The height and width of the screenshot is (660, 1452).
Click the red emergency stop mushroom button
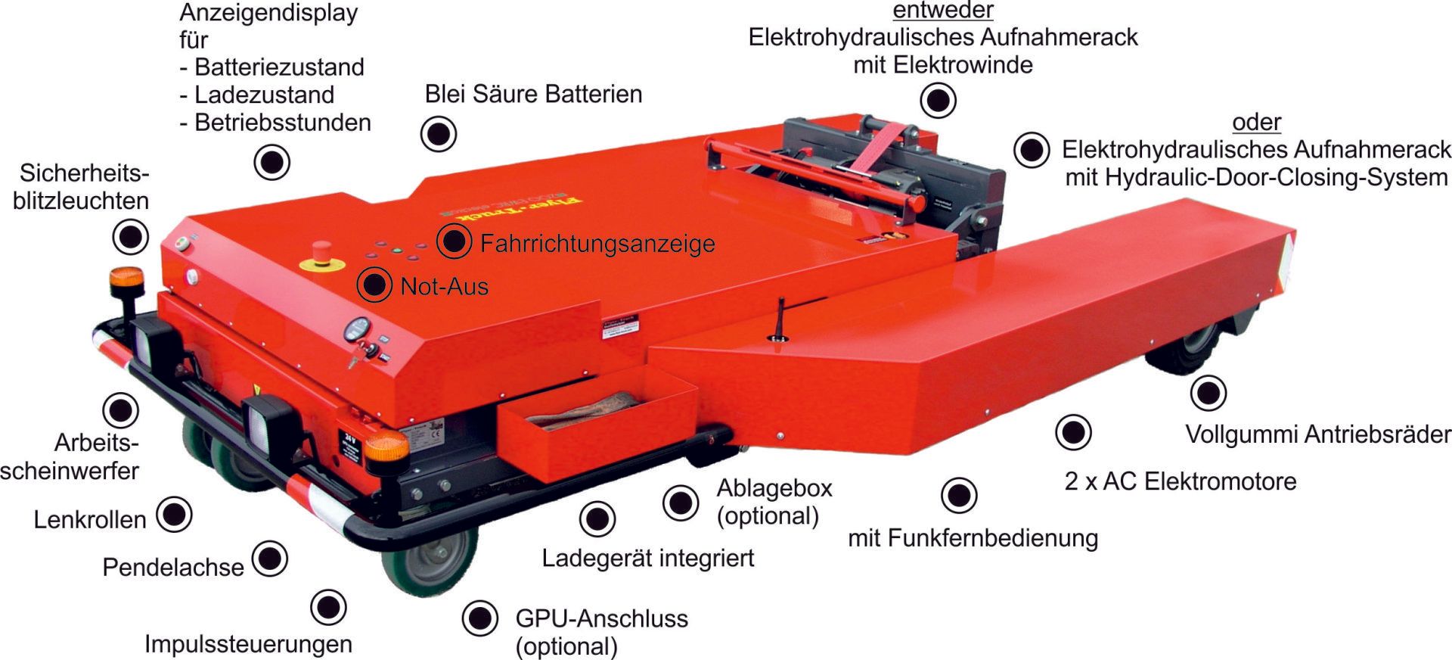click(x=321, y=250)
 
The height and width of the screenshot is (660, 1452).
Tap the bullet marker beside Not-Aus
click(x=374, y=285)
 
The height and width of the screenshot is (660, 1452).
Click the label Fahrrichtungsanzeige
click(x=597, y=244)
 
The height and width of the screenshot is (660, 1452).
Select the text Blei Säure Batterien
click(x=533, y=94)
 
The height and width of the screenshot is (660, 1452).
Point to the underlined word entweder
click(x=942, y=11)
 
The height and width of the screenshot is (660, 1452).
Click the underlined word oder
click(x=1256, y=122)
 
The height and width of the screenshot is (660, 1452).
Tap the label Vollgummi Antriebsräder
click(x=1318, y=434)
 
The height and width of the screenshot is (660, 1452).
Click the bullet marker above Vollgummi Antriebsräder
click(x=1208, y=393)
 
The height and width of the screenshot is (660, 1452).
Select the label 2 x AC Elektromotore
click(x=1180, y=481)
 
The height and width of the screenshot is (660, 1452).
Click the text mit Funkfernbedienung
click(x=973, y=538)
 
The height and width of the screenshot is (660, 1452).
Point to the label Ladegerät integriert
click(x=647, y=559)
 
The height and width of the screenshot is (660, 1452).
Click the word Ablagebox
click(x=774, y=488)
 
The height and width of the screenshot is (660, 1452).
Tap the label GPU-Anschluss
click(x=601, y=619)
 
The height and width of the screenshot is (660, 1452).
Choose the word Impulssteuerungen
click(x=248, y=644)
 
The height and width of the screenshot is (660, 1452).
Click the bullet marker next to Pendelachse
click(x=270, y=559)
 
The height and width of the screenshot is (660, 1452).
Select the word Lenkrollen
click(x=90, y=520)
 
